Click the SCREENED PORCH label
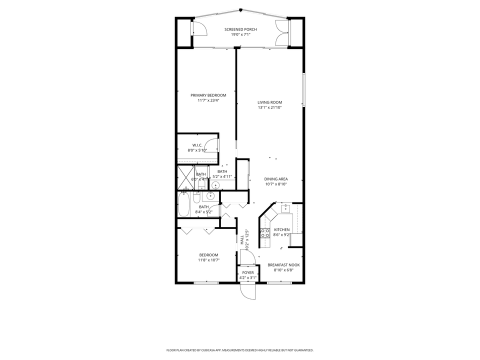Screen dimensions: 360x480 [240, 29]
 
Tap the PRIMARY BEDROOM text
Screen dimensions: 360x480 [208, 95]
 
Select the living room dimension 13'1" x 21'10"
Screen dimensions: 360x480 [270, 107]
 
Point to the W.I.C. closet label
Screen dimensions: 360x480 [197, 145]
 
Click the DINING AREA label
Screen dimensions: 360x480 [276, 179]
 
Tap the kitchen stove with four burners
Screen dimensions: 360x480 [265, 232]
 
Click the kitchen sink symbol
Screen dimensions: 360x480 [285, 208]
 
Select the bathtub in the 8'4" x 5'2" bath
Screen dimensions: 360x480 [184, 205]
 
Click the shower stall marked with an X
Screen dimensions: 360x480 [184, 175]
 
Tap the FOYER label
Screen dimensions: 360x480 [247, 272]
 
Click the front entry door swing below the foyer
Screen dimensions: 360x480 [247, 290]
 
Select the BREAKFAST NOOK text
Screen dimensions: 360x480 [283, 265]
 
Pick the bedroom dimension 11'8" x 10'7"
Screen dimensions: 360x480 [208, 260]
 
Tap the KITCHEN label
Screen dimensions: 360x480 [281, 229]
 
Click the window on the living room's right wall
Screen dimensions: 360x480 [303, 89]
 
